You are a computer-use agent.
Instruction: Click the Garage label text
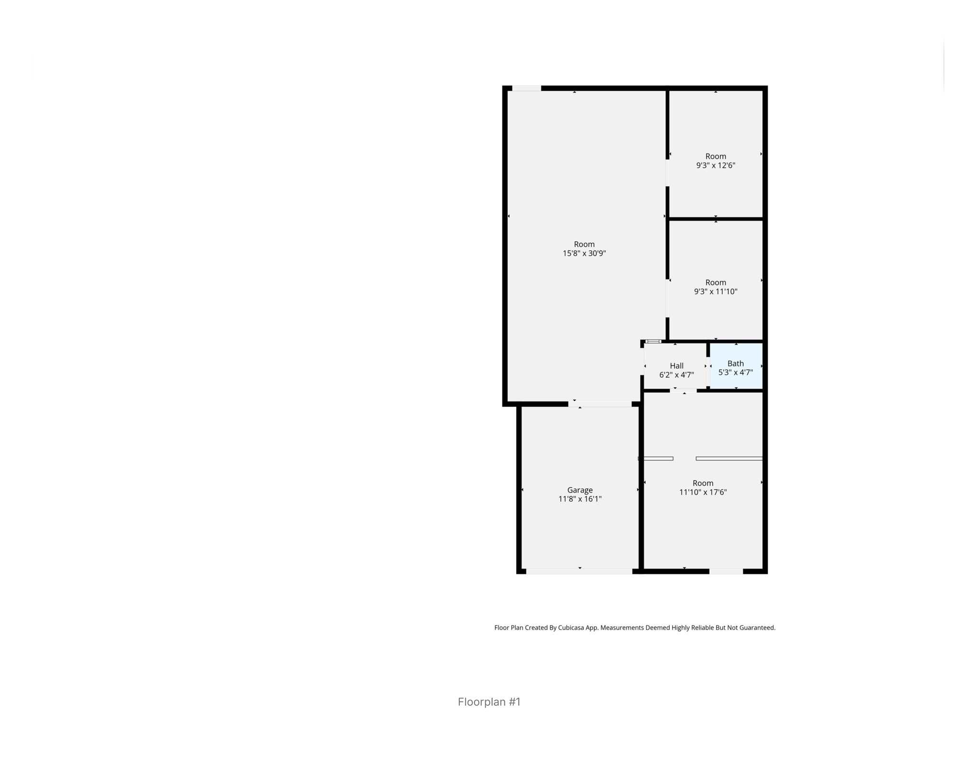pos(579,490)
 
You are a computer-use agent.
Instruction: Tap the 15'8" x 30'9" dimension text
pos(584,253)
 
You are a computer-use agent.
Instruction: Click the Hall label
pos(676,366)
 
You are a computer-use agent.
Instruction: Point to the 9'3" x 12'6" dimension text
pos(715,165)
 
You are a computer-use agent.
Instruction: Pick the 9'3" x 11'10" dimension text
pos(715,292)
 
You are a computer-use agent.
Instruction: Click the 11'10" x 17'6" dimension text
pos(703,492)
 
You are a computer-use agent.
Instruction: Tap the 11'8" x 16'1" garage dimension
pos(579,499)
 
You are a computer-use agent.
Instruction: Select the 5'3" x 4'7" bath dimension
pos(735,373)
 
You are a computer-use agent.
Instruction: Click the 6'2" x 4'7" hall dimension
pos(676,375)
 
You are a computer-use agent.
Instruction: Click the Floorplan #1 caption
pos(489,702)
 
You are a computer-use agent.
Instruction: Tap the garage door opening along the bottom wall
pos(579,571)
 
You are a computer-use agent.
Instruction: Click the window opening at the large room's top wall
pos(526,88)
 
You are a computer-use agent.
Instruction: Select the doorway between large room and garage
pos(599,404)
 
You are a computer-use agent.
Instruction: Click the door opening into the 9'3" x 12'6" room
pos(667,173)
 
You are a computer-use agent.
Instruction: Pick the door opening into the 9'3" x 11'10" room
pos(667,298)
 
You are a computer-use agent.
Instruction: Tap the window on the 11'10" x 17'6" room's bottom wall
pos(726,571)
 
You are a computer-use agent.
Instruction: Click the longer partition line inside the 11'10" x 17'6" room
pos(729,459)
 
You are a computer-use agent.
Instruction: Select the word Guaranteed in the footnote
pos(757,627)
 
